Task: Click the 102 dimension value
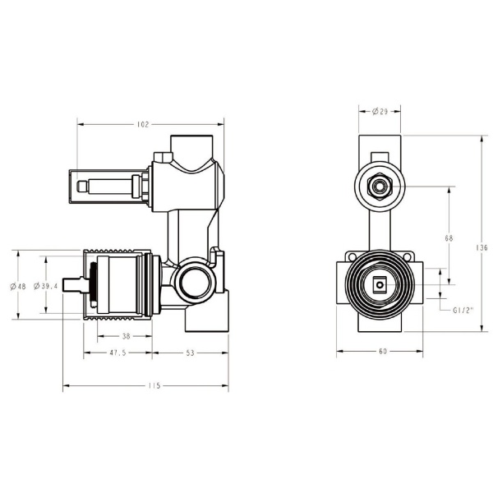pyautogui.click(x=142, y=125)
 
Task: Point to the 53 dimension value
pyautogui.click(x=190, y=354)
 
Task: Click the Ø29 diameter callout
pyautogui.click(x=380, y=111)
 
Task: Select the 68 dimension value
pyautogui.click(x=449, y=238)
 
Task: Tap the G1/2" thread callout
pyautogui.click(x=464, y=310)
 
